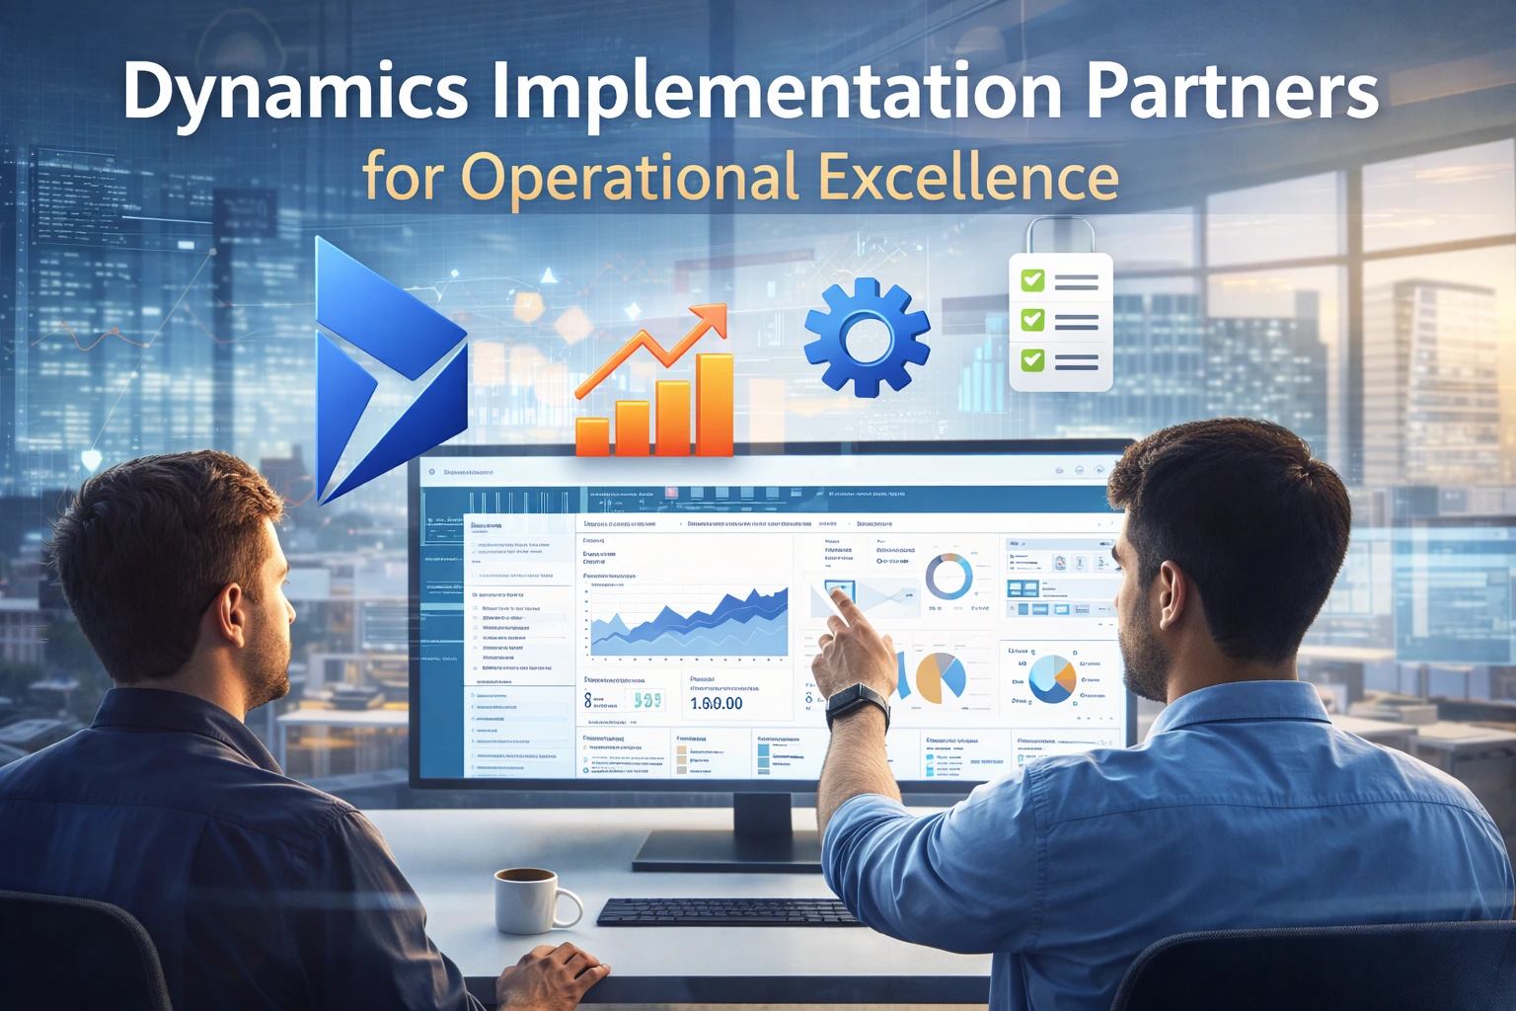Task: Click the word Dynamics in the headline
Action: pos(295,92)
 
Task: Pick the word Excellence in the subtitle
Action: pos(969,178)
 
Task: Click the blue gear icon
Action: pos(867,337)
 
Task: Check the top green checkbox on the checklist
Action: pos(1032,281)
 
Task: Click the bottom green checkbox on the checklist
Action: pos(1032,359)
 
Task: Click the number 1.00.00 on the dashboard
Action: pos(717,703)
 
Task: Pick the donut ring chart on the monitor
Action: pos(948,576)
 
